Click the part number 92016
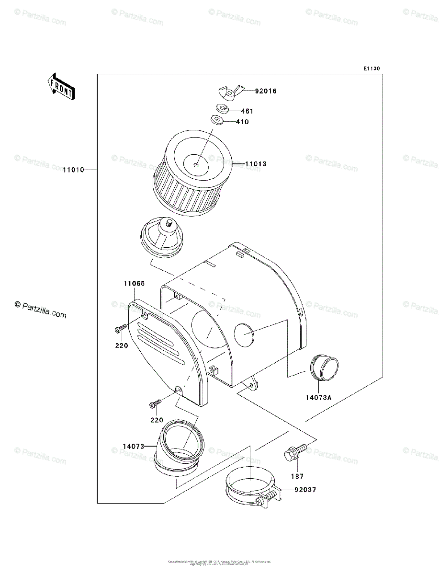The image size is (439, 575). coord(266,91)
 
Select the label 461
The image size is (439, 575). coord(247,111)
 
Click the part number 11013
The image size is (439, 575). coord(256,164)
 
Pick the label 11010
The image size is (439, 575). coord(73,170)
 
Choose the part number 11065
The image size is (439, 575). coord(134,284)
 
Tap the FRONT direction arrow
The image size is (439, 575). coord(61,86)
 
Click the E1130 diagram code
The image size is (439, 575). coord(371,69)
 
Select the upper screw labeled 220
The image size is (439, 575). coord(120,329)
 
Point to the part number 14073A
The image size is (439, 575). coord(319,397)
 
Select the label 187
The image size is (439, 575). coord(297,476)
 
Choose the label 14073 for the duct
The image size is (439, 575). coord(133,447)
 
